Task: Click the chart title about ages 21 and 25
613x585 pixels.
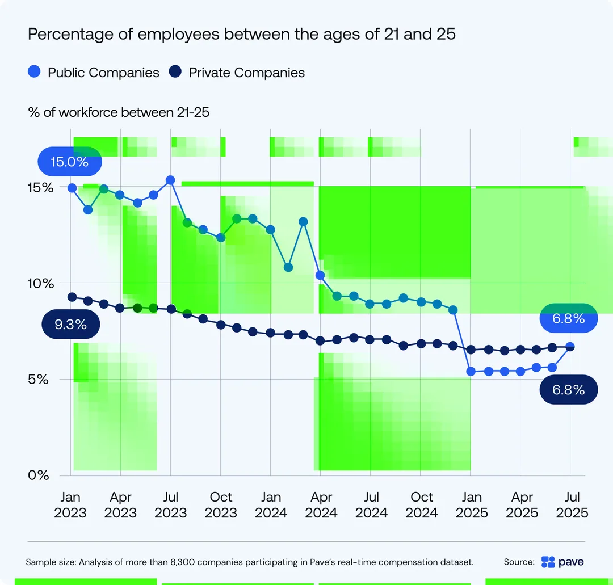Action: click(x=242, y=34)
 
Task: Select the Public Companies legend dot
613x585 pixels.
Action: click(x=35, y=71)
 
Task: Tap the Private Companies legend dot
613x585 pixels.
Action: click(x=175, y=71)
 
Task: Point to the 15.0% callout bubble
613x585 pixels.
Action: click(x=70, y=161)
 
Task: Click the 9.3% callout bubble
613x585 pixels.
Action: click(x=71, y=324)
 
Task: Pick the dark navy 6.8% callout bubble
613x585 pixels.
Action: click(x=568, y=390)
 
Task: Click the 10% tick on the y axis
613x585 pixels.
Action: click(x=40, y=283)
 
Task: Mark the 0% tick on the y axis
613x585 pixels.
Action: click(x=39, y=475)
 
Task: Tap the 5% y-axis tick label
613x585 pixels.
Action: click(x=38, y=379)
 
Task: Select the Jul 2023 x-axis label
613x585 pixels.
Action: click(x=170, y=504)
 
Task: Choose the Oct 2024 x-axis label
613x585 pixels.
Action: click(x=421, y=504)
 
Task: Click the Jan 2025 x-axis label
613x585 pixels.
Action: click(x=472, y=504)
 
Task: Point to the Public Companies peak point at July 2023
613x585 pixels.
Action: click(x=170, y=180)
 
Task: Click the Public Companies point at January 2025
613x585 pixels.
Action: click(x=471, y=371)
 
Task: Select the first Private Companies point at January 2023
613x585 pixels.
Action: click(x=72, y=297)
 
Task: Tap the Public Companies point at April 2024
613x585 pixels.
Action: click(x=320, y=275)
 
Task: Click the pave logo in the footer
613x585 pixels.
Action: click(x=562, y=562)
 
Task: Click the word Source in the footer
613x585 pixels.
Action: click(x=519, y=562)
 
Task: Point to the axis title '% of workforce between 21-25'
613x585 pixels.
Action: click(x=119, y=112)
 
